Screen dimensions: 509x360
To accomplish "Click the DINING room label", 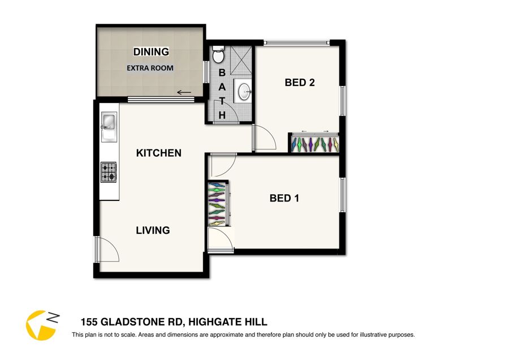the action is [151, 52].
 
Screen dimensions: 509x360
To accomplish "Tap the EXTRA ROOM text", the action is [150, 68].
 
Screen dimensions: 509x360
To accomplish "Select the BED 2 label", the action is [300, 83].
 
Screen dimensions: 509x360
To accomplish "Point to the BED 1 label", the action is [284, 198].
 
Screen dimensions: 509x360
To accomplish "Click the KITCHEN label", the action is [159, 153].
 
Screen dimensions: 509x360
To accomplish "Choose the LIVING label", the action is [153, 230].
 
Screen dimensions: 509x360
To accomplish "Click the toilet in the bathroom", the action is [218, 54].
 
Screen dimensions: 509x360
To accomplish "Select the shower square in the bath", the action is [241, 61].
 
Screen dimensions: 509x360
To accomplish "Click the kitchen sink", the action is [109, 126].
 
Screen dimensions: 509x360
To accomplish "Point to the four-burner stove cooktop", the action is [109, 172].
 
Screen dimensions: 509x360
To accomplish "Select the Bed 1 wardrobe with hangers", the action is [218, 204].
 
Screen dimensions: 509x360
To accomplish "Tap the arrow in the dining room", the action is [184, 93].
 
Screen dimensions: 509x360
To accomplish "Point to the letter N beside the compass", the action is [54, 318].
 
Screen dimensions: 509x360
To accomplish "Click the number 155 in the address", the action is [89, 322].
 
